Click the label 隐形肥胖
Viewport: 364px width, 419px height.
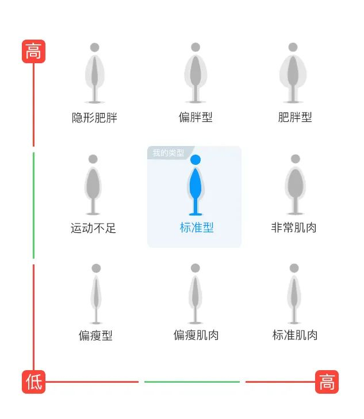[94, 118]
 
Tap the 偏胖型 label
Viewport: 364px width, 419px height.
[196, 117]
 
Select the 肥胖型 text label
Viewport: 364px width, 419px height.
[295, 117]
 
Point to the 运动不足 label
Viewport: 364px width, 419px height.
[93, 228]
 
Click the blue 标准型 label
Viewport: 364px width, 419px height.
[197, 228]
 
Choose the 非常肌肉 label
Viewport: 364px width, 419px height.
[294, 228]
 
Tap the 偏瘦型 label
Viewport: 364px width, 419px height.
[95, 336]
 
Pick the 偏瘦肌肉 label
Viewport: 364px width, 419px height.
[196, 335]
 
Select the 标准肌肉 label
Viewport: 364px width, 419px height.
[295, 335]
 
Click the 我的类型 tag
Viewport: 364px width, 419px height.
[168, 153]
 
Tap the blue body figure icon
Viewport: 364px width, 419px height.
[196, 185]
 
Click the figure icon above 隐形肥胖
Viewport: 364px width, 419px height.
[94, 73]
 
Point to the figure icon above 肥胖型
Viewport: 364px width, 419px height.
[293, 73]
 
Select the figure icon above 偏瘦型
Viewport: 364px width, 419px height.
[96, 294]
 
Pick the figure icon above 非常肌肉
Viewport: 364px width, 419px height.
[296, 184]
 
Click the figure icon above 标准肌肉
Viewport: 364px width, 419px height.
[294, 294]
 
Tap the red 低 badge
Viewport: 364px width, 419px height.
[33, 382]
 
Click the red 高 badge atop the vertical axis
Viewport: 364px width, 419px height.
[33, 52]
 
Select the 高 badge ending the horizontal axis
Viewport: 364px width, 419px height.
[327, 382]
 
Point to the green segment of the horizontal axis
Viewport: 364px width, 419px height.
[191, 382]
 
